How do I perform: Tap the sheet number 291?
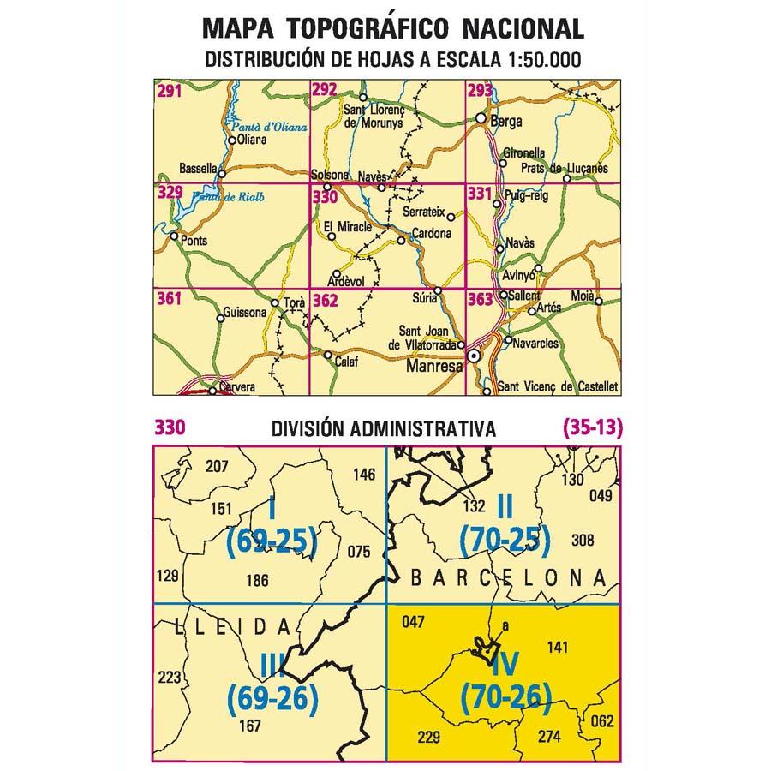point(169,89)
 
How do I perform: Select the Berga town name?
point(507,122)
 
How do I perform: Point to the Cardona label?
point(433,233)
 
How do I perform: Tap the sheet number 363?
point(481,299)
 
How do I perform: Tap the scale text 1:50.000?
point(532,60)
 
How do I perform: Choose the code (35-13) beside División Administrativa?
point(590,427)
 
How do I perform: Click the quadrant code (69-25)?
point(272,540)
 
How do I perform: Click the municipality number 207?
point(218,467)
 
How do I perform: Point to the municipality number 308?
point(582,540)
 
